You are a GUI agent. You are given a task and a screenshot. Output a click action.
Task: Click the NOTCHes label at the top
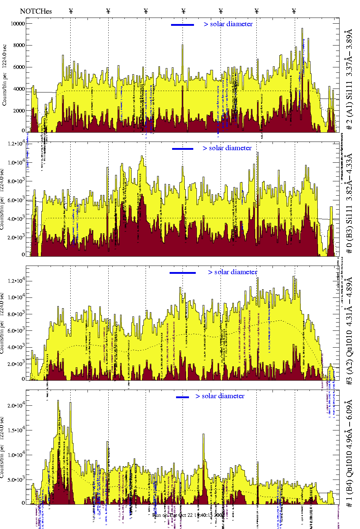(x=36, y=11)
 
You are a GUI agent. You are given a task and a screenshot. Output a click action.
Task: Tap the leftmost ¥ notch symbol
(x=71, y=11)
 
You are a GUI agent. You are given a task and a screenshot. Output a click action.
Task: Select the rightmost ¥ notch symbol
(x=294, y=11)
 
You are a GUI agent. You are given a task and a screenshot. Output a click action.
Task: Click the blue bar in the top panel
(x=183, y=25)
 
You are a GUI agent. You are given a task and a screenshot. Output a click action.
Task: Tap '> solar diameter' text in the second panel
(x=227, y=148)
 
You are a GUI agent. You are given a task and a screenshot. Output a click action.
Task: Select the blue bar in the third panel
(x=183, y=273)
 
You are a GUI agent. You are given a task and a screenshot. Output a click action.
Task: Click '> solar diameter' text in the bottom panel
(x=220, y=396)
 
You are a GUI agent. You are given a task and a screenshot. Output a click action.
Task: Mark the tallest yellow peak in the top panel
(x=302, y=29)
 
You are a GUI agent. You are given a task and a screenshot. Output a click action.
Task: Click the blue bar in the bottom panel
(x=183, y=397)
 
